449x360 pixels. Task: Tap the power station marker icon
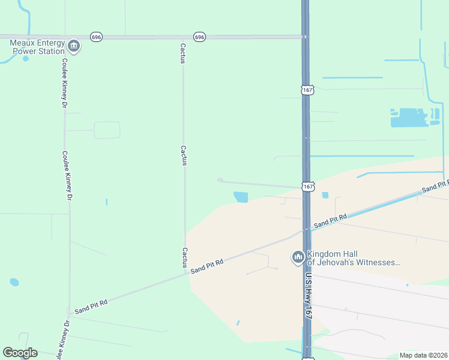(x=74, y=45)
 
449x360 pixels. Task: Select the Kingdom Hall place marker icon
(x=298, y=257)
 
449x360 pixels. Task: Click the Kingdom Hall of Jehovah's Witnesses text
(x=352, y=258)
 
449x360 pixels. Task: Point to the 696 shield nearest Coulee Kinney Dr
(x=96, y=37)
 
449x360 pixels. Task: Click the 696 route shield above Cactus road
(x=200, y=37)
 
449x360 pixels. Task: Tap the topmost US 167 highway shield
(x=307, y=90)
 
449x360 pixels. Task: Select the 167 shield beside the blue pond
(x=307, y=187)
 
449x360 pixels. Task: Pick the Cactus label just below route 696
(x=183, y=53)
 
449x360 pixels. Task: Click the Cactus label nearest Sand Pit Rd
(x=185, y=257)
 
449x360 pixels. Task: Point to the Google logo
(x=20, y=353)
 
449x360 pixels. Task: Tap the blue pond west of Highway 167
(x=241, y=197)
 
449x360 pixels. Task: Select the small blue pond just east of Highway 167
(x=325, y=195)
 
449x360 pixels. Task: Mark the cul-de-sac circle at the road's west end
(x=220, y=180)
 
